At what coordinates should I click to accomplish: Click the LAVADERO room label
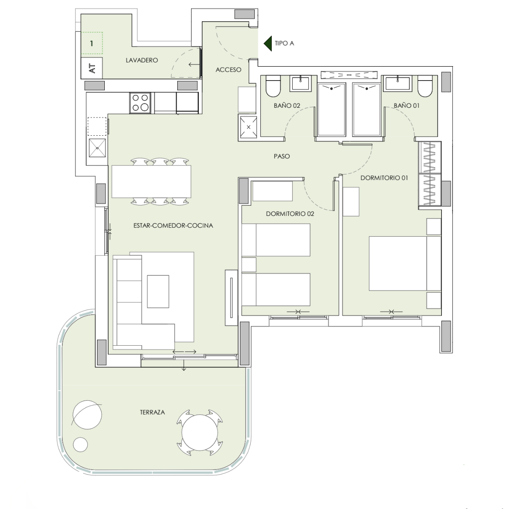pos(142,60)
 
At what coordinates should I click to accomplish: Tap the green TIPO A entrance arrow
pos(268,43)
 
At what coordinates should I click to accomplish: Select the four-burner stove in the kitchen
pos(140,103)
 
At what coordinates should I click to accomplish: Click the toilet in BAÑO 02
pos(273,86)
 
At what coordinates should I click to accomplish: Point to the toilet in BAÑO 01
pos(425,86)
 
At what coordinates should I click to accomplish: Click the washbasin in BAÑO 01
pos(398,84)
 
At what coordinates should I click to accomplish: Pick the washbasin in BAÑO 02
pos(301,84)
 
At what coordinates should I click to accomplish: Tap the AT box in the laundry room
pos(92,68)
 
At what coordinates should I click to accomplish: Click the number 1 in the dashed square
pos(92,44)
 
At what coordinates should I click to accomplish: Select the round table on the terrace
pos(199,432)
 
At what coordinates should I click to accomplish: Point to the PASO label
pos(282,157)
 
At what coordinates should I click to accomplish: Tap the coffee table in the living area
pos(158,291)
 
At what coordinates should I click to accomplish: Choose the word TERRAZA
pos(152,412)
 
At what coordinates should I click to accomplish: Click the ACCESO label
pos(229,70)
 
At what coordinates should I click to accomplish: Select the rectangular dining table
pos(151,182)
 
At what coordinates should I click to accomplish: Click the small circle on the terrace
pos(80,445)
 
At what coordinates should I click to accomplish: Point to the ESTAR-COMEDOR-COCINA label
pos(173,226)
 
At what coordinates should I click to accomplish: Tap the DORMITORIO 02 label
pos(290,214)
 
